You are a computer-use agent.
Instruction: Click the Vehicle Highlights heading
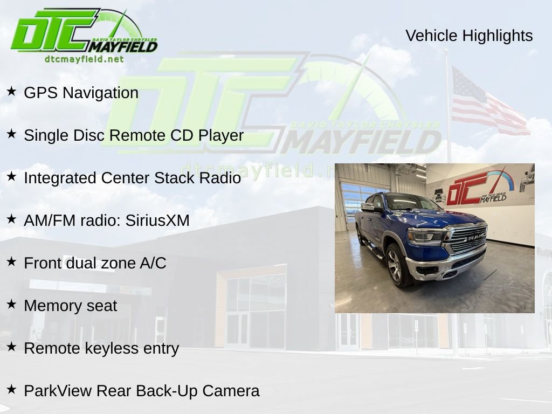[x=469, y=36]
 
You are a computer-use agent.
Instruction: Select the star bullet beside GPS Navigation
[x=11, y=91]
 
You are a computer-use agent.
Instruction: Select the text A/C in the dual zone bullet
[x=153, y=263]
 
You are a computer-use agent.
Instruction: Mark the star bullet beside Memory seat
[x=11, y=304]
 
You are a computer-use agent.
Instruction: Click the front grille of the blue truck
[x=467, y=238]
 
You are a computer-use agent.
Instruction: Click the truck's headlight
[x=425, y=236]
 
